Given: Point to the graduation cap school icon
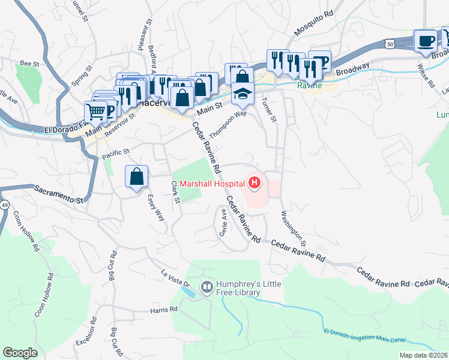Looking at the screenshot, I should (242, 94).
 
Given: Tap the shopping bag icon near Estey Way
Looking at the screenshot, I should (136, 176).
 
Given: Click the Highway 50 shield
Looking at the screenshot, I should (390, 44).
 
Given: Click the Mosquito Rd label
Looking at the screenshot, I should (313, 22).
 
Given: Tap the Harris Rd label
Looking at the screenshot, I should (164, 310).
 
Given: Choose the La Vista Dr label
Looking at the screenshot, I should (175, 279).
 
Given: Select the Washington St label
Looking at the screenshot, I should (294, 228).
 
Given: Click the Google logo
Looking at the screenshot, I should (20, 353).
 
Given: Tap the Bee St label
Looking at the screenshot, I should (29, 62).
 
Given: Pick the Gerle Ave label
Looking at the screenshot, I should (223, 222).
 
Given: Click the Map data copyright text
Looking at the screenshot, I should (423, 355).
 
